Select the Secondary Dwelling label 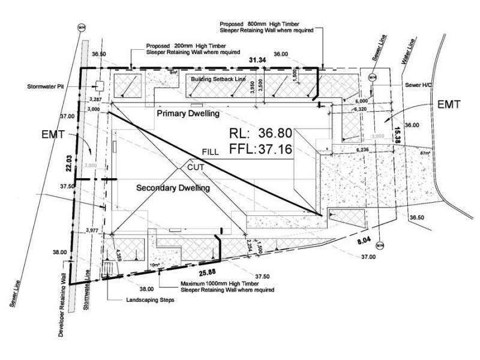pyautogui.click(x=173, y=188)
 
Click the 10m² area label pyautogui.click(x=155, y=265)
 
